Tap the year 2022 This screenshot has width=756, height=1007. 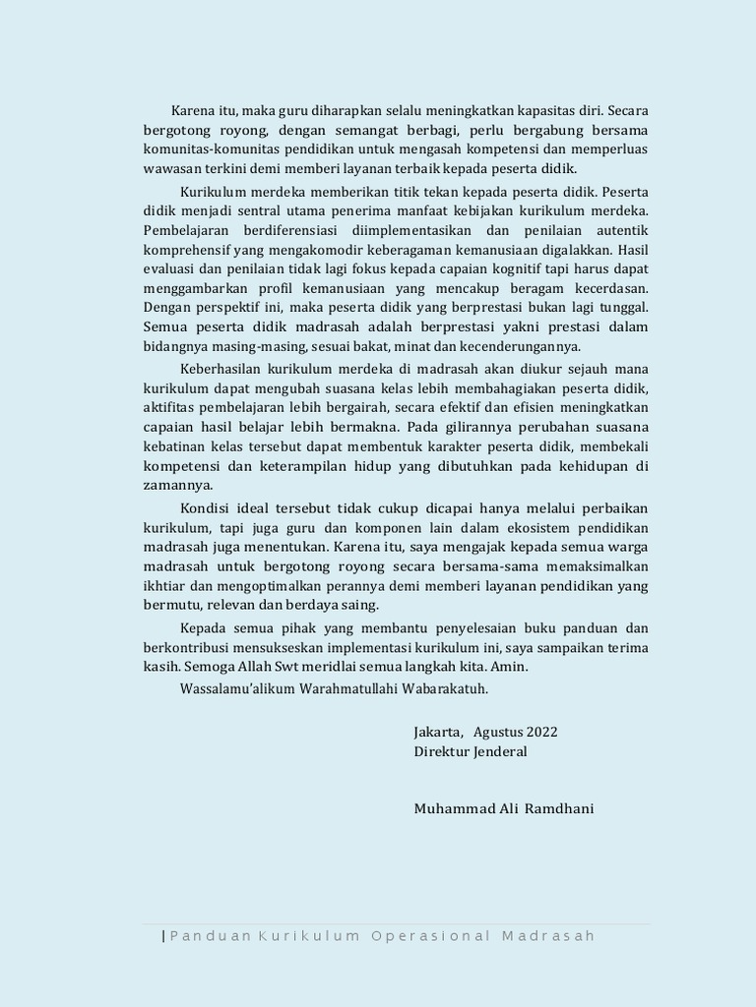coord(541,732)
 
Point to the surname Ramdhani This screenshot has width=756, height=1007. coord(559,808)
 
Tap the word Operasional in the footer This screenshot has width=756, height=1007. coord(430,935)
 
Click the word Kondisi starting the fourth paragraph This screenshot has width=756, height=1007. coord(205,507)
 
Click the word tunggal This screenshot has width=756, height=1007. coord(623,308)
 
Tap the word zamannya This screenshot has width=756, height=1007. coord(178,485)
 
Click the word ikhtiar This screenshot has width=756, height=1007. coord(164,585)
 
